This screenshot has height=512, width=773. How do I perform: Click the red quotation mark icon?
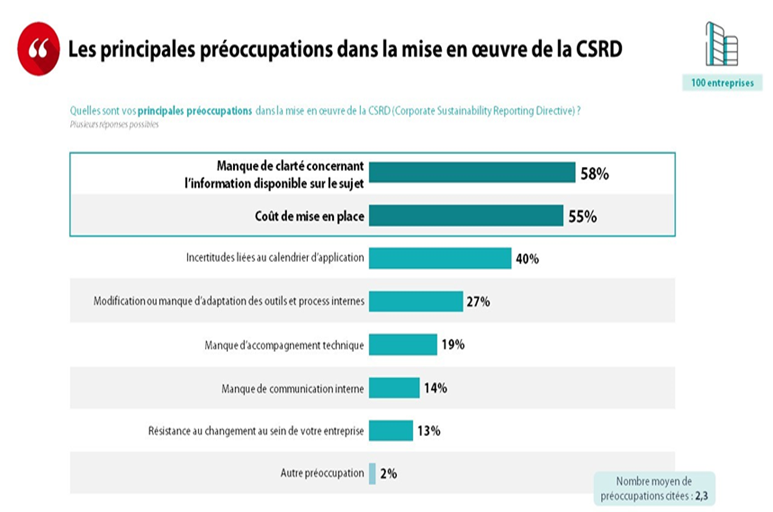38,49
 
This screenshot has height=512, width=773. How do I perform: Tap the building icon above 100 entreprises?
721,44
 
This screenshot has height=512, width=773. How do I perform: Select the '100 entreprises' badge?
722,83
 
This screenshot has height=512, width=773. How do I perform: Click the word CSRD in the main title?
599,49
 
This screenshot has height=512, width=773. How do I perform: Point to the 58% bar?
472,173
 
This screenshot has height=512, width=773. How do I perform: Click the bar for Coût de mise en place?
466,216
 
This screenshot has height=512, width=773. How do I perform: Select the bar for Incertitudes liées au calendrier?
440,258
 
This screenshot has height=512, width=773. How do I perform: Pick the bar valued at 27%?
416,301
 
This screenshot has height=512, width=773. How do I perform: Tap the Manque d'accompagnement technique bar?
403,344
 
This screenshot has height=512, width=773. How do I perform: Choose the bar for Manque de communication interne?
394,388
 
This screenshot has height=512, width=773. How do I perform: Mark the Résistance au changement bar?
391,431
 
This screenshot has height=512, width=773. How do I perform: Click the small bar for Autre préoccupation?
372,474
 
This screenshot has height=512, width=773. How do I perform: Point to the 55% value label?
582,216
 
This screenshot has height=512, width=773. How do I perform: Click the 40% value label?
527,259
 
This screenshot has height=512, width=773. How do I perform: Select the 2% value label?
389,474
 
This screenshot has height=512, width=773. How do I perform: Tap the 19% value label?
453,344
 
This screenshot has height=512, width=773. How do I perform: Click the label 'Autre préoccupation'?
322,473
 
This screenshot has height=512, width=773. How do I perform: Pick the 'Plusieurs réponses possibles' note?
114,125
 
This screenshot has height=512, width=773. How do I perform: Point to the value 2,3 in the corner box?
701,496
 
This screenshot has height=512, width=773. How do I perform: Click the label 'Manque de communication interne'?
292,389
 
